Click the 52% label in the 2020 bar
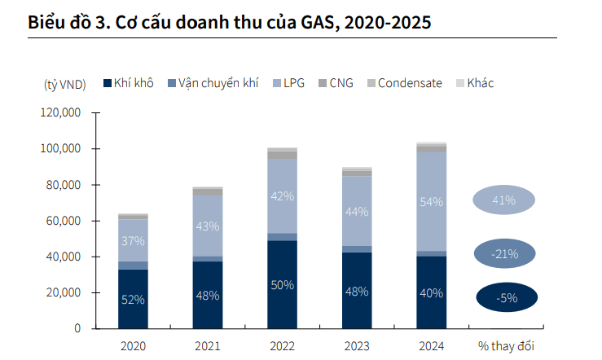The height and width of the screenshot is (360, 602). click(133, 299)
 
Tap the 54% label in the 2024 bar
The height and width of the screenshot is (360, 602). click(431, 201)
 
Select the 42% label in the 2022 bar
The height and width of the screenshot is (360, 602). click(282, 196)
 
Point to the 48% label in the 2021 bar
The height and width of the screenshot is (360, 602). click(207, 295)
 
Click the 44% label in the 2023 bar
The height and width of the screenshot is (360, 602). click(356, 211)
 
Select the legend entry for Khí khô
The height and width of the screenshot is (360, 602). click(128, 83)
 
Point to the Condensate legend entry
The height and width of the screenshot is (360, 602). click(404, 83)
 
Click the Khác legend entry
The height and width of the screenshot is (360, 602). click(474, 83)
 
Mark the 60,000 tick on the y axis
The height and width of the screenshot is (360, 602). click(61, 221)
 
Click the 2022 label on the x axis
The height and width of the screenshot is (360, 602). click(282, 346)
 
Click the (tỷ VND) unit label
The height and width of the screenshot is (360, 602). click(64, 84)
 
